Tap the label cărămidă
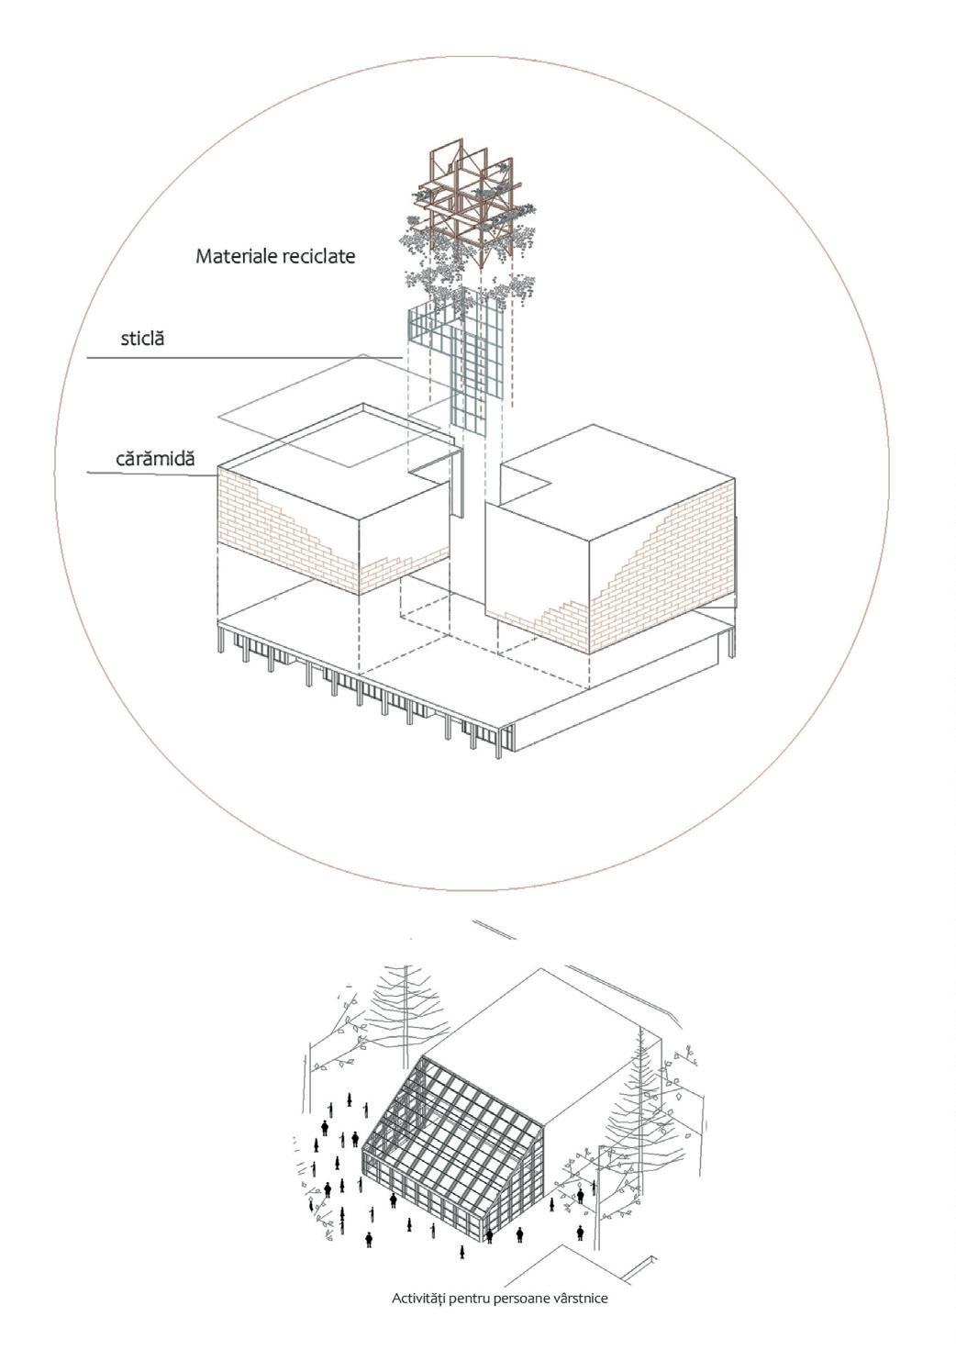(x=155, y=457)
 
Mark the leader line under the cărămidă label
(x=151, y=474)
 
